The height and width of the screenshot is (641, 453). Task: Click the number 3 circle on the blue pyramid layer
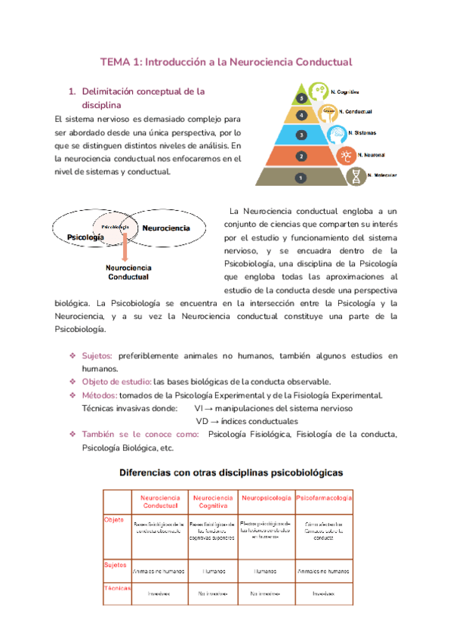301,135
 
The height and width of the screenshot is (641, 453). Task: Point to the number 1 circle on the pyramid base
301,178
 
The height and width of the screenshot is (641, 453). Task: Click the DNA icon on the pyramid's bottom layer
355,176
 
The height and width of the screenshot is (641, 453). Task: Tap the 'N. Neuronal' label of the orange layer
373,154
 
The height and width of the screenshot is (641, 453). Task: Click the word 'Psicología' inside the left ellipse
85,237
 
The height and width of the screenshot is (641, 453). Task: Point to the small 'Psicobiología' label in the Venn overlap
111,226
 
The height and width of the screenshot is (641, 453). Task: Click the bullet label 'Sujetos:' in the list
97,355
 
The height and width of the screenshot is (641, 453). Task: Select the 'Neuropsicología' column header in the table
267,499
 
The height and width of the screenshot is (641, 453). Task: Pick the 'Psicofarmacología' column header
324,499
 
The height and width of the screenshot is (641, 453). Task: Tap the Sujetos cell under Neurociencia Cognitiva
213,571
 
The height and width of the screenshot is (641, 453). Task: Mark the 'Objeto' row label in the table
113,519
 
